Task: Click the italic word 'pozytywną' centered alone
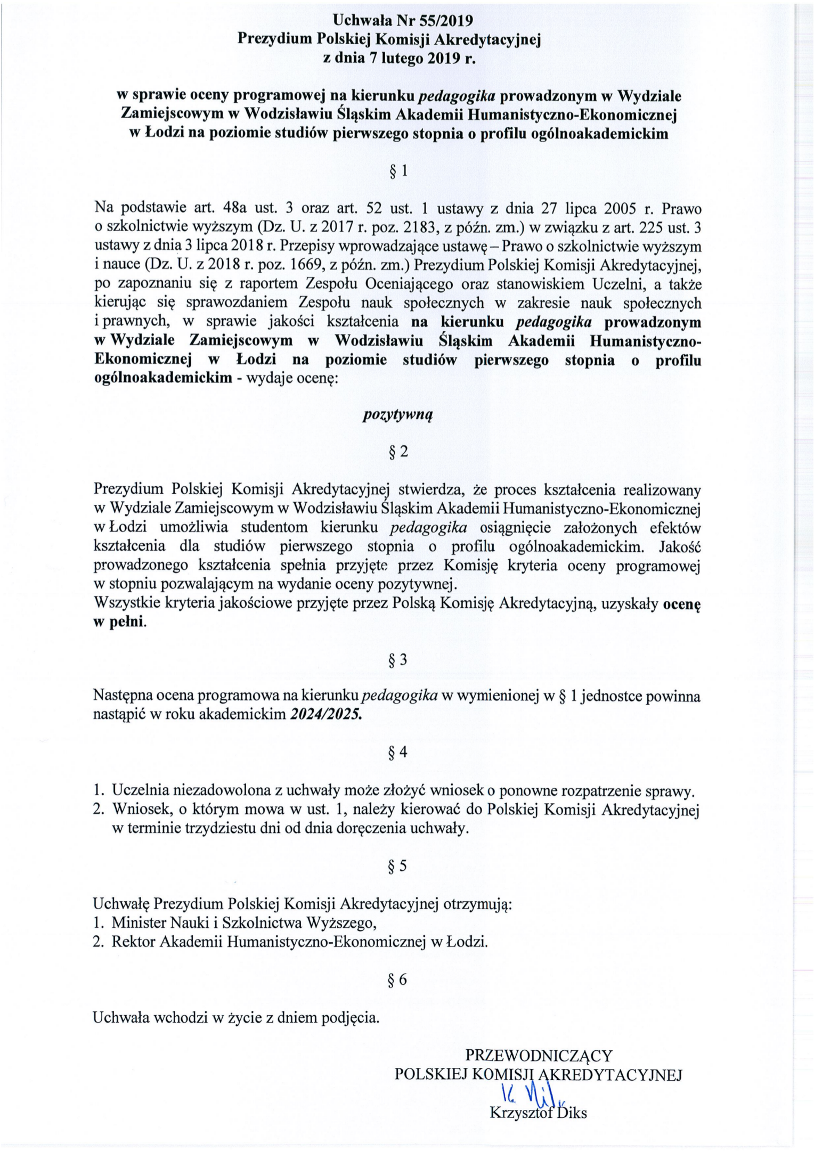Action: (x=398, y=415)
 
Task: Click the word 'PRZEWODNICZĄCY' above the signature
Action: (x=539, y=1056)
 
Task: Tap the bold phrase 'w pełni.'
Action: (x=120, y=623)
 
